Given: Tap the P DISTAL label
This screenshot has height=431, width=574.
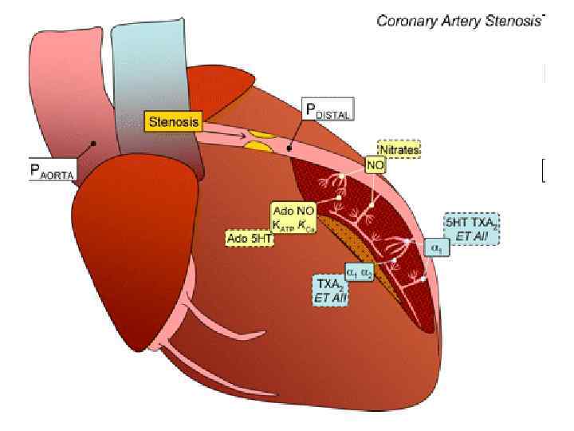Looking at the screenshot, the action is tap(327, 110).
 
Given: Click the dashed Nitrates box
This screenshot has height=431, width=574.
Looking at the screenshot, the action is tap(399, 149).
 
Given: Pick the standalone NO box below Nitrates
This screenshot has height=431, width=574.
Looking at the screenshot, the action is tap(375, 164).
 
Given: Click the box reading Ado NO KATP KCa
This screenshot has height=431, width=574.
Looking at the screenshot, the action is tap(293, 218).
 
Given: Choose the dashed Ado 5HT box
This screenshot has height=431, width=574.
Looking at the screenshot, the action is tap(250, 238).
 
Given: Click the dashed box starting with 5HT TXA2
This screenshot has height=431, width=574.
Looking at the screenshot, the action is tap(472, 229).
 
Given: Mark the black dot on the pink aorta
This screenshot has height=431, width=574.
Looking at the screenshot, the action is tap(93, 144).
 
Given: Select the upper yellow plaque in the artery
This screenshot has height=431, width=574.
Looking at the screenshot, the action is tap(259, 132).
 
